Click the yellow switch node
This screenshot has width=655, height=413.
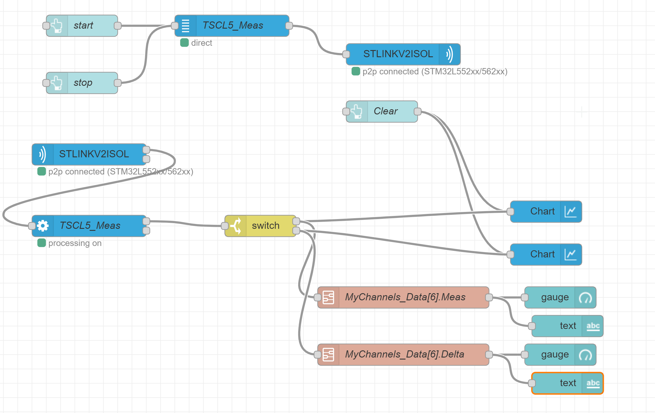(266, 226)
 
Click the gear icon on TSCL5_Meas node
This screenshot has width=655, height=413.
(43, 226)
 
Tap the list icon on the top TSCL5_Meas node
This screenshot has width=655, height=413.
(186, 26)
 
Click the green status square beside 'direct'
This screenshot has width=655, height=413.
(185, 43)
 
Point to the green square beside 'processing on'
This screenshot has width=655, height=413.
(42, 243)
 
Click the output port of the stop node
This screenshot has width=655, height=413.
(118, 83)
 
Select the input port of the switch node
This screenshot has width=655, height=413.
(225, 226)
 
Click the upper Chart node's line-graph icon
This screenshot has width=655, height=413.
(571, 212)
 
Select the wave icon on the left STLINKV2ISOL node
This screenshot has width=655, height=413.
(43, 154)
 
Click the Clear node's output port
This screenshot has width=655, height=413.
(418, 112)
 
